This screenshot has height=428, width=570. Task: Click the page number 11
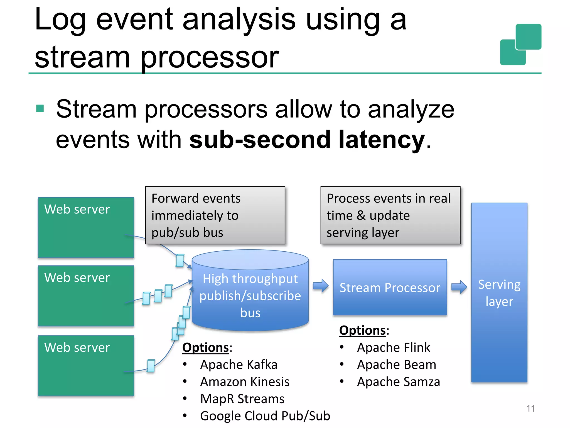pos(530,408)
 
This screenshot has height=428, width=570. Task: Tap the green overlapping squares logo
pos(520,45)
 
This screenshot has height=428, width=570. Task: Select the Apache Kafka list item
pos(239,364)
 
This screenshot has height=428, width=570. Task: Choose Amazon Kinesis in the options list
pos(245,382)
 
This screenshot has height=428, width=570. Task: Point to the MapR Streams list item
pos(242,399)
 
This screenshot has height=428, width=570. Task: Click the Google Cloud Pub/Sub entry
pos(265,416)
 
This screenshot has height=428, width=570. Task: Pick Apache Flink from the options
pos(393,347)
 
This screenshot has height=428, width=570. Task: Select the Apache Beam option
pos(396,364)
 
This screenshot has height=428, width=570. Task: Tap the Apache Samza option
pos(398,382)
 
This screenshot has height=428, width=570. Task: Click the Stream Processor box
pos(390,288)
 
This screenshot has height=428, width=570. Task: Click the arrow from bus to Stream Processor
pos(321,286)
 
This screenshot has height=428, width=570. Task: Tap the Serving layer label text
pos(499,293)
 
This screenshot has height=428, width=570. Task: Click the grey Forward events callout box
pos(215,215)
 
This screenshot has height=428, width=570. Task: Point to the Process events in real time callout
pos(390,215)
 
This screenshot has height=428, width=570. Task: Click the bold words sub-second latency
pos(307,140)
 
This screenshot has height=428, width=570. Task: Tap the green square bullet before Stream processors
pos(40,108)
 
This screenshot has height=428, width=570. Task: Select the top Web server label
pos(77,209)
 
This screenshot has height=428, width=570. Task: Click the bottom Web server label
pos(77,347)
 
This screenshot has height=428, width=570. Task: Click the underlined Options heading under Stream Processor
pos(362,330)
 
